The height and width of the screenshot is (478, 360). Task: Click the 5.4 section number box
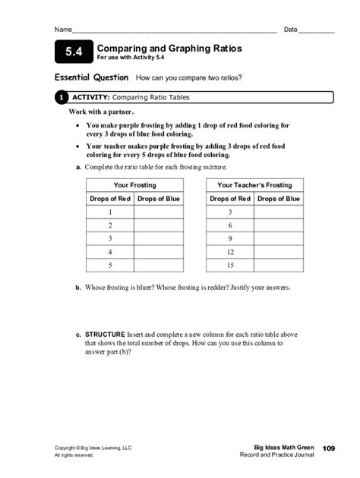(73, 52)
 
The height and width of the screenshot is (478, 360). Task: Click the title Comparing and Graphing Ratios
(169, 49)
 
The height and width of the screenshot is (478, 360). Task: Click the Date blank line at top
(316, 30)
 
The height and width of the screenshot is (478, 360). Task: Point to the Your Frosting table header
(134, 185)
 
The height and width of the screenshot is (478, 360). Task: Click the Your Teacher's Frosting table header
(254, 185)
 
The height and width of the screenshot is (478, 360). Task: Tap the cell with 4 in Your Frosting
(110, 252)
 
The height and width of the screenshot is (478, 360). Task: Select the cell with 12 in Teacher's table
(230, 252)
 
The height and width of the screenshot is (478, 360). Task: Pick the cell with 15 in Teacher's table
(230, 266)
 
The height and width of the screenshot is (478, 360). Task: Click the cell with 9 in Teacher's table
(230, 239)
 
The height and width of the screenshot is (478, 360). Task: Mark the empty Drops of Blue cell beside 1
(159, 212)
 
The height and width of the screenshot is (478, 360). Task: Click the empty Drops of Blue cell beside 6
(278, 225)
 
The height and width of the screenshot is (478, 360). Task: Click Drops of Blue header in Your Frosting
(159, 199)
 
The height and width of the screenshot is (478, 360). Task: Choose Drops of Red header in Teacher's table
(230, 199)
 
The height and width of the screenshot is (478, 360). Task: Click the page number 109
(328, 449)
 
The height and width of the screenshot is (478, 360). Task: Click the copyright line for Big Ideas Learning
(93, 448)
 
